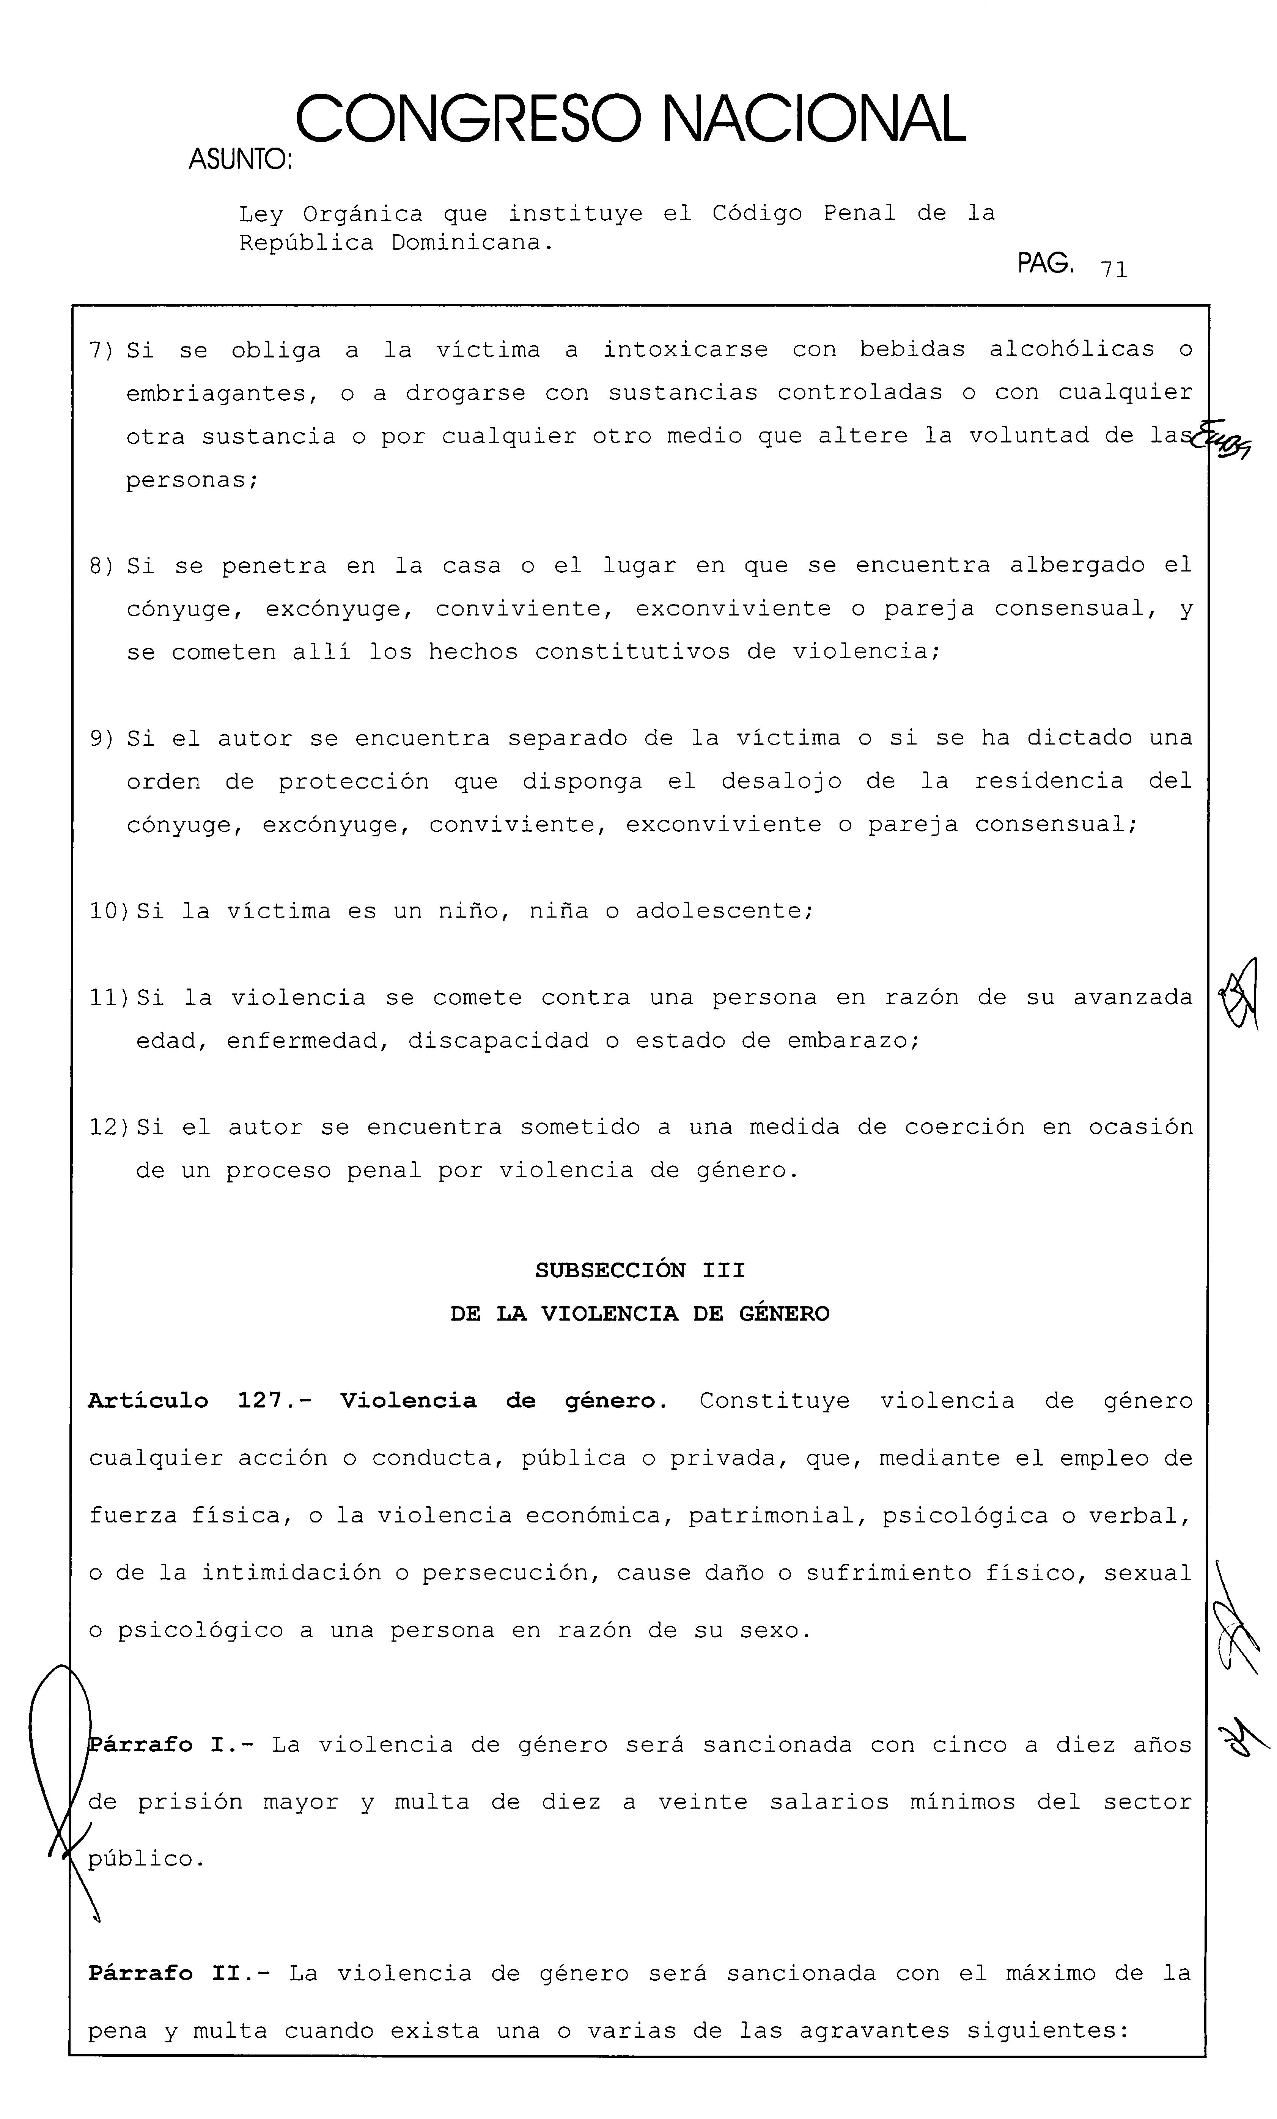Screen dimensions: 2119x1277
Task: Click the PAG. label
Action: tap(1046, 263)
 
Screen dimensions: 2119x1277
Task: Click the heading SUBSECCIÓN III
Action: tap(640, 1271)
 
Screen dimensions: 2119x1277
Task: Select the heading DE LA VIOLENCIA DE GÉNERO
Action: tap(640, 1314)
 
